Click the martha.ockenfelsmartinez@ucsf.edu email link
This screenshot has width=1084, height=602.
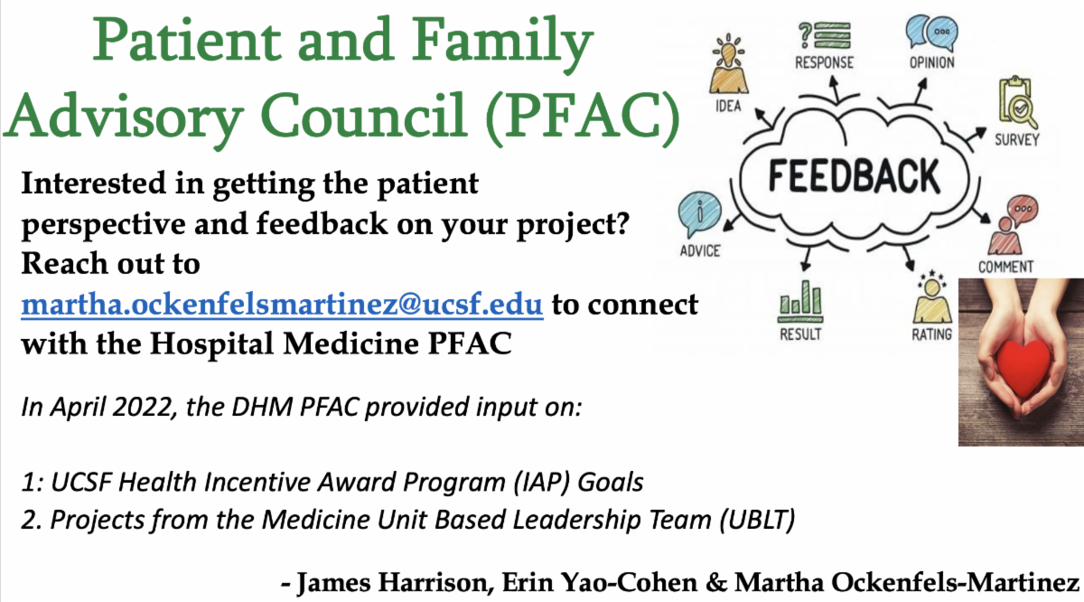point(282,306)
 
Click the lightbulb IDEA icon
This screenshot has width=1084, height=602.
point(728,64)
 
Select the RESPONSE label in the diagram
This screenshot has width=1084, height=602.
point(825,62)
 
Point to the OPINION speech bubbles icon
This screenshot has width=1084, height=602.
point(931,33)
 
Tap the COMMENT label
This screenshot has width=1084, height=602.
point(1005,267)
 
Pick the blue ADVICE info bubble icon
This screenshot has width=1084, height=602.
point(700,214)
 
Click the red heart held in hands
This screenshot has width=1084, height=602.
point(1022,367)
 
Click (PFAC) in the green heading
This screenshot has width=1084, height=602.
point(584,118)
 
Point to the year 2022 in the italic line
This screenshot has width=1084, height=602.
point(143,407)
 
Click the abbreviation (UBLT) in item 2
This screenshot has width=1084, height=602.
point(757,520)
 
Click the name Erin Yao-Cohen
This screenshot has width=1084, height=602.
point(600,582)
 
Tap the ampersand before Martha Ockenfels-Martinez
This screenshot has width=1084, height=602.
point(716,582)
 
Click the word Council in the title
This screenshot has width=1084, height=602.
point(363,116)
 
